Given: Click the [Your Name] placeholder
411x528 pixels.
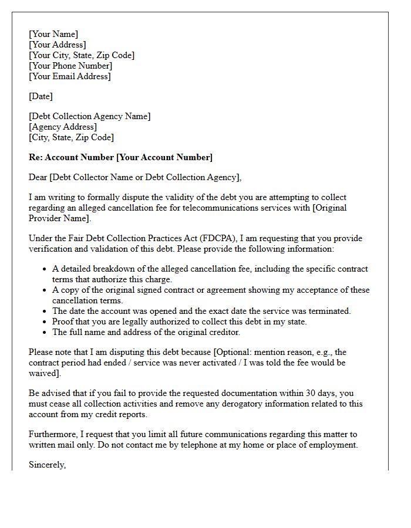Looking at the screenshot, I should [x=53, y=34].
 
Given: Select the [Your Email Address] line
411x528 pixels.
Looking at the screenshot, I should [x=69, y=76].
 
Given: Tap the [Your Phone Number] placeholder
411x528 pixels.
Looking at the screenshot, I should [x=70, y=66].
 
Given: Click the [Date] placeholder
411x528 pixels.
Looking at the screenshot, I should [x=41, y=96].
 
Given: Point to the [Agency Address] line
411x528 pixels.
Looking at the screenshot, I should [x=63, y=127].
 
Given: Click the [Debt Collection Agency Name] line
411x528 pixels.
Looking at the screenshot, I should [x=89, y=116].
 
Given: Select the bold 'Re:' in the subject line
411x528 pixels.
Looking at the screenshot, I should [x=36, y=157].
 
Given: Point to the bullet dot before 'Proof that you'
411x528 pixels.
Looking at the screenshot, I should [x=45, y=321].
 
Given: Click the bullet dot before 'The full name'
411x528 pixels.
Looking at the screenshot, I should [x=45, y=332].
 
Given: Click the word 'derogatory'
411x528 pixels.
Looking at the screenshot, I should [x=234, y=404].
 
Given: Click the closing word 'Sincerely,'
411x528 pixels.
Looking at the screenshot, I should [x=48, y=465].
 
